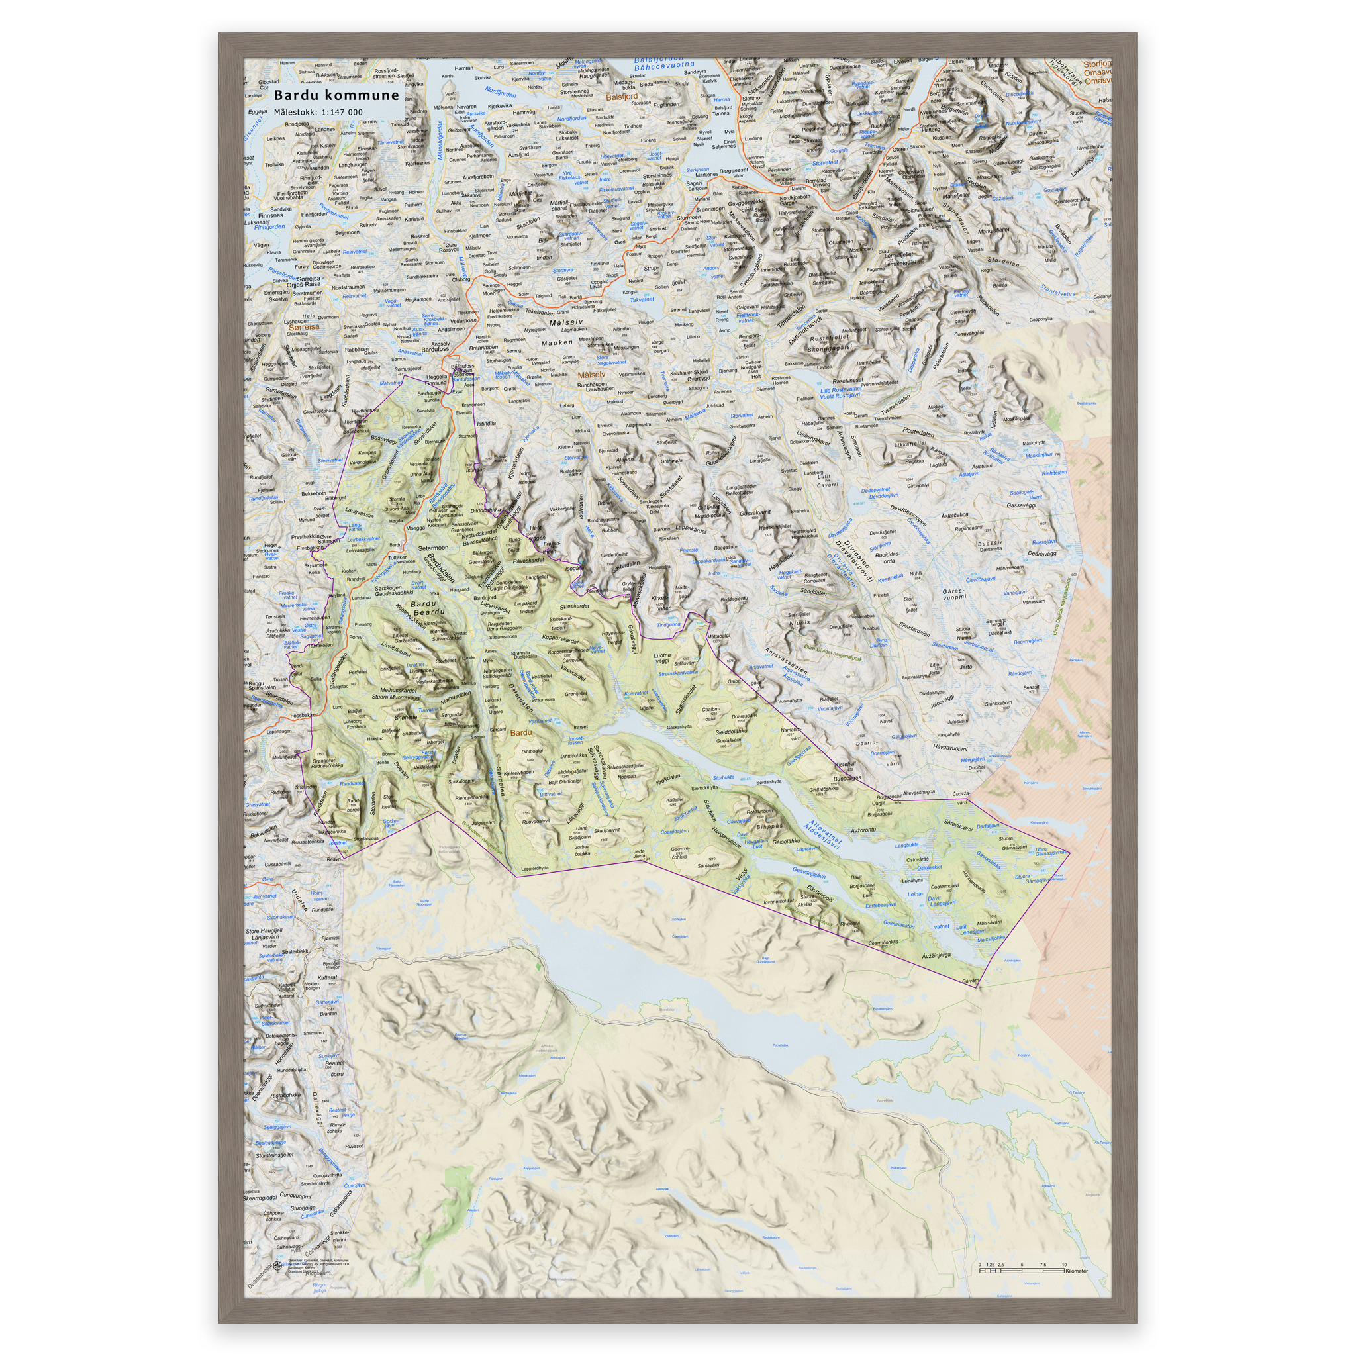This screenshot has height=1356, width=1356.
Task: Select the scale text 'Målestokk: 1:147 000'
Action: [318, 113]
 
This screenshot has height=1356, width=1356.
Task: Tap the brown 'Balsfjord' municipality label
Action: [621, 97]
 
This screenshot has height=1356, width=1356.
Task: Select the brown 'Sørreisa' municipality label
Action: [303, 326]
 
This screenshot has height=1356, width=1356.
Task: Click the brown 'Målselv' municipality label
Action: [591, 375]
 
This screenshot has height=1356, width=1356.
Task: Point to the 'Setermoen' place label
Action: [432, 548]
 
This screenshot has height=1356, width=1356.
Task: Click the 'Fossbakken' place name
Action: [304, 716]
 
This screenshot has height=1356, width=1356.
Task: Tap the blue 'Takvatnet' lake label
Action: [642, 299]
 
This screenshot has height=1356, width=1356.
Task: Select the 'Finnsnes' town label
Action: [271, 215]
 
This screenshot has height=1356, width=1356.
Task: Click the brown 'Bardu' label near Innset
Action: [521, 733]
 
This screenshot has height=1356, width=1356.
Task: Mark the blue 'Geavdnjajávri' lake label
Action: [808, 873]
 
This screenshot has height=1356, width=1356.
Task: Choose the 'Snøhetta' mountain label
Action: [405, 717]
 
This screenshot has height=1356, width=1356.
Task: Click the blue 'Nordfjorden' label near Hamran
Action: [501, 93]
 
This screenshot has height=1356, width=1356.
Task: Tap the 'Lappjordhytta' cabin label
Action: [535, 868]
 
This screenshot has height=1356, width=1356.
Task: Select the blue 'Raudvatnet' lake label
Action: [352, 783]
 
